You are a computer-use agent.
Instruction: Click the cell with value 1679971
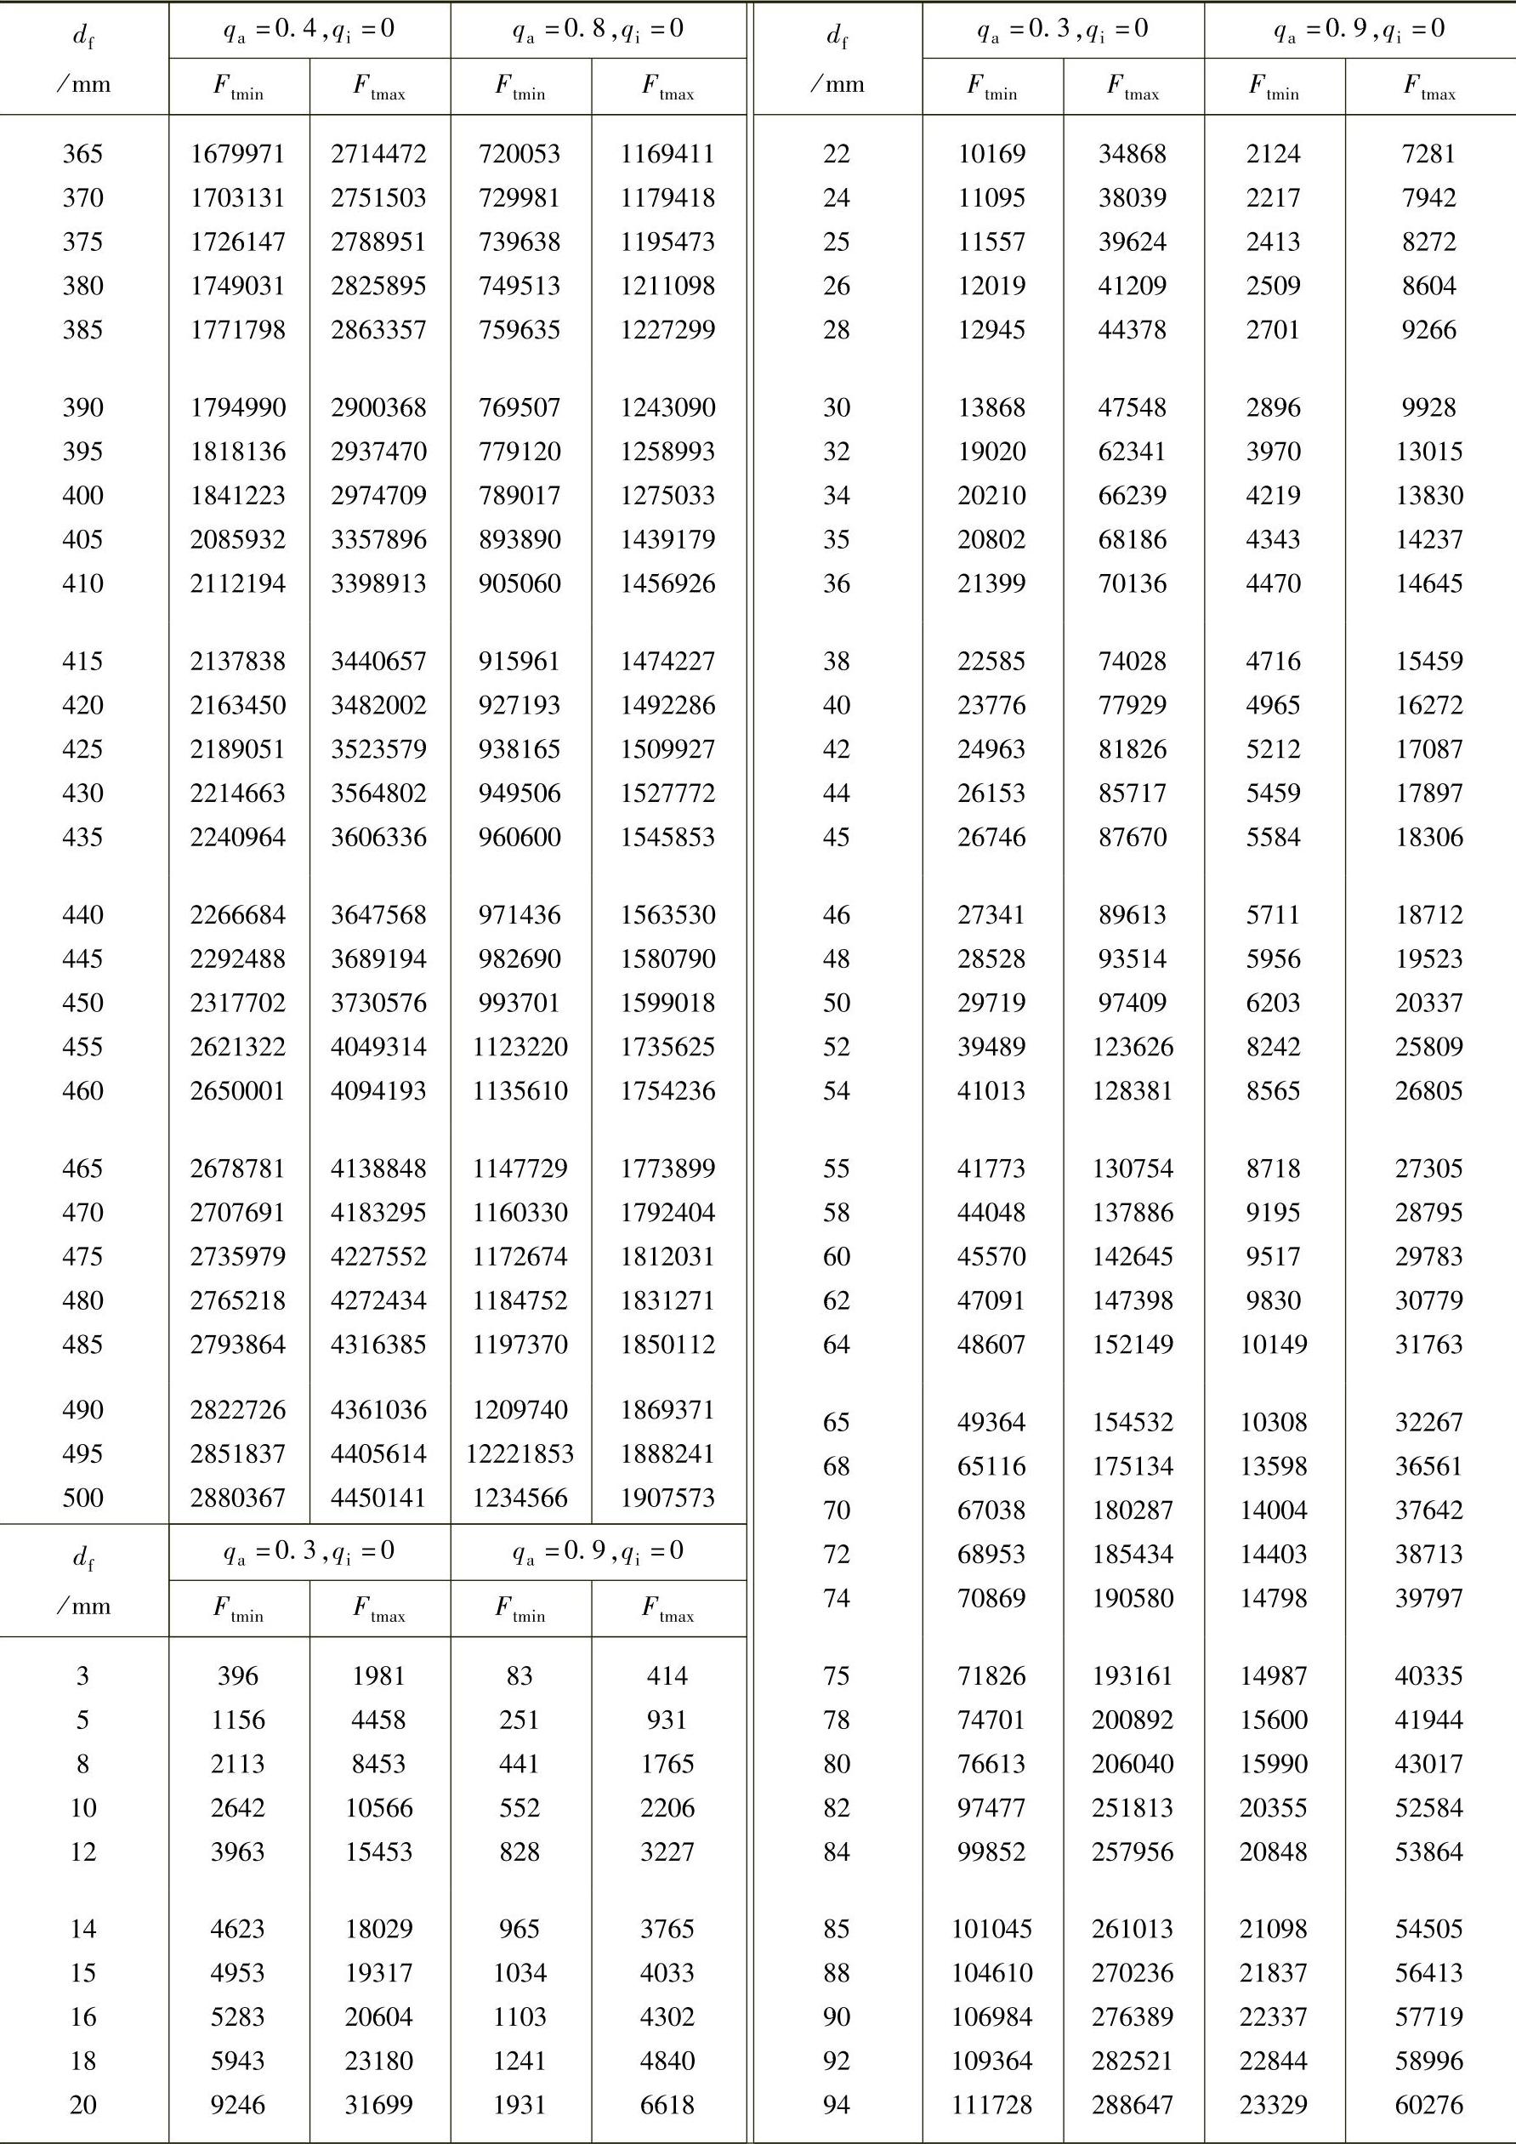point(238,154)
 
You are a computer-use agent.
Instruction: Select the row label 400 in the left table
point(83,496)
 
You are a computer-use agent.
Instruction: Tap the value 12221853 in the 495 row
point(520,1454)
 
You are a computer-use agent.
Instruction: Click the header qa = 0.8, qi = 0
point(599,30)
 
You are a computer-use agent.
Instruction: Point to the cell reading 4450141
point(379,1498)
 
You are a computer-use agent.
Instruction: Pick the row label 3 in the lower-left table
point(83,1676)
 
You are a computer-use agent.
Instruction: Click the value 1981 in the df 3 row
point(379,1676)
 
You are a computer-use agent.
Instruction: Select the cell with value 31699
point(379,2105)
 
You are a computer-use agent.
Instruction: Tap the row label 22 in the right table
point(837,154)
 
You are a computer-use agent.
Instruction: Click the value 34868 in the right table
point(1133,154)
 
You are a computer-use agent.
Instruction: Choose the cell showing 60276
point(1428,2105)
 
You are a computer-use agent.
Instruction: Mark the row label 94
point(837,2105)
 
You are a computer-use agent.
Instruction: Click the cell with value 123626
point(1133,1047)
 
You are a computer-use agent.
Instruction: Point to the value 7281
point(1428,154)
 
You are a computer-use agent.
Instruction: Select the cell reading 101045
point(991,1928)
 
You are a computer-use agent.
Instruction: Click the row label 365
point(83,154)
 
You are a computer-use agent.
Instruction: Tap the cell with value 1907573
point(667,1498)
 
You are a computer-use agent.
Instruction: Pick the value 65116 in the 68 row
point(991,1466)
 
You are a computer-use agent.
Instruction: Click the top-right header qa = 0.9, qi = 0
point(1360,30)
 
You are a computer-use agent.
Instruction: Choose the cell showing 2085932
point(238,540)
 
